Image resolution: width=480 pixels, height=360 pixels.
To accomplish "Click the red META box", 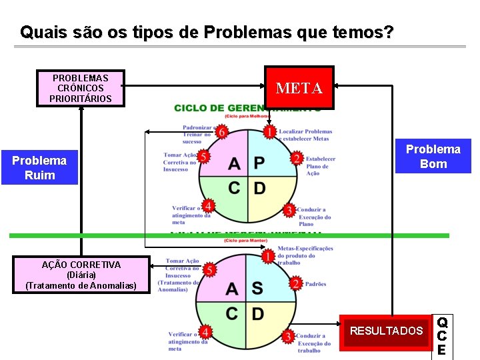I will click(299, 87).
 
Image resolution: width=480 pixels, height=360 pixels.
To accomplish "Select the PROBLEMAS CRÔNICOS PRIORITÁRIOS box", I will click(80, 88).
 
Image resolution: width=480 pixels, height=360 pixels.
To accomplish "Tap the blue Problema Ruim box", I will click(39, 167).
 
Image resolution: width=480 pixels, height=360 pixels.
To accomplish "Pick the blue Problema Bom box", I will click(433, 156).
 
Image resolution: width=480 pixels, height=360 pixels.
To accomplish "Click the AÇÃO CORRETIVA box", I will click(81, 275).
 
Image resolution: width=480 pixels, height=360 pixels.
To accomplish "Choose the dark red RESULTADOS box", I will click(386, 330).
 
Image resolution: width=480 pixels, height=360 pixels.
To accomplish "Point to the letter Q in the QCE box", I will click(442, 323).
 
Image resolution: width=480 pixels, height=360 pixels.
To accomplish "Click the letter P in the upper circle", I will click(259, 163).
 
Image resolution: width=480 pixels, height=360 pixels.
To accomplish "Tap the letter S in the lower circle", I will click(257, 288).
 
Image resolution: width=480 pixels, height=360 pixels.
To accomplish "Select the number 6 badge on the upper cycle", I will click(221, 132).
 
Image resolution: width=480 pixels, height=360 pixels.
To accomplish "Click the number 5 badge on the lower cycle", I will click(209, 269).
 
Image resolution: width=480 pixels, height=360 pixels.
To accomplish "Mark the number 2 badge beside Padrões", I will click(295, 284).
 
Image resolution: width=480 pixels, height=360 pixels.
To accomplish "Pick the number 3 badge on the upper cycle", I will click(289, 210).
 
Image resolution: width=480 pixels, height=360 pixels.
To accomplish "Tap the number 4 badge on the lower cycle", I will click(207, 331).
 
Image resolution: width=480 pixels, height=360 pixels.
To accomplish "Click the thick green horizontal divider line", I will click(100, 235).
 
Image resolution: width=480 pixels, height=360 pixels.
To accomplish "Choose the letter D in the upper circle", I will click(259, 188).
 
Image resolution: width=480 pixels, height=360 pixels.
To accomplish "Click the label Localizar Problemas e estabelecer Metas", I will click(305, 135).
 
